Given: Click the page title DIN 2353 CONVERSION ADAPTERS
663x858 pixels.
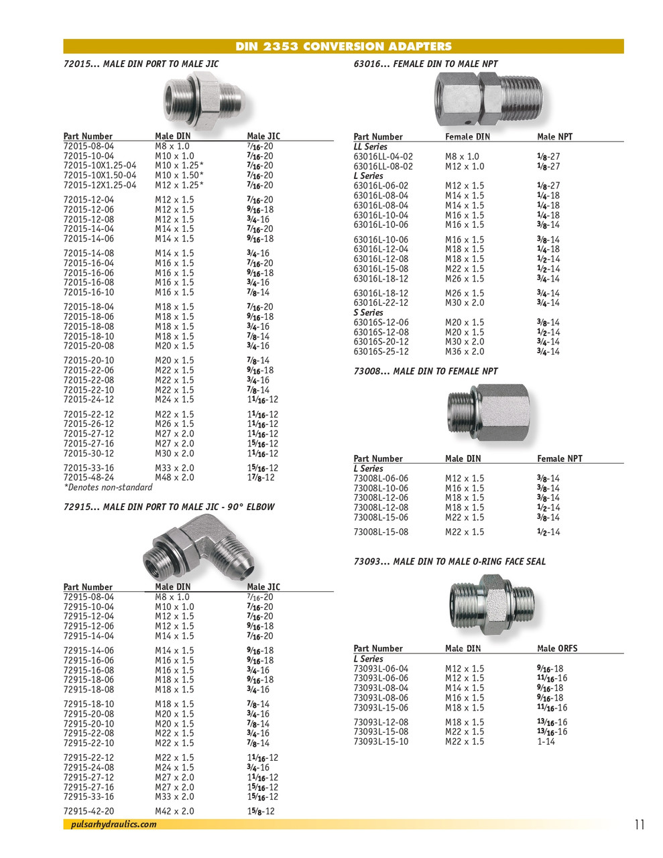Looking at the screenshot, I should point(343,46).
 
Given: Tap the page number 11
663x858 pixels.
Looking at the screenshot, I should point(639,824).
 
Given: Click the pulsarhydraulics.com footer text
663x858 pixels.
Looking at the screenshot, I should point(113,824).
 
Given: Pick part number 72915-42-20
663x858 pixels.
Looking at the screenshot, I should point(88,811).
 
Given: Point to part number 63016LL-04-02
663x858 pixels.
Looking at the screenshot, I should point(383,156).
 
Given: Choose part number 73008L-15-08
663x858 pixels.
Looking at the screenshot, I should point(380,532).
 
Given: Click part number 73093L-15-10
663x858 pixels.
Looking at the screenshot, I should point(380,741).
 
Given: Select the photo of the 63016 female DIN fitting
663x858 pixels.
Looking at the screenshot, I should point(489,99).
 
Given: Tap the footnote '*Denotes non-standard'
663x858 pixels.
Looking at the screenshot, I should point(108,487).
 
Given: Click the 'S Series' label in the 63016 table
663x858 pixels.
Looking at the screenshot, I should point(369,312).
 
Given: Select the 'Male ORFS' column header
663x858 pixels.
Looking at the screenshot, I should point(556,648).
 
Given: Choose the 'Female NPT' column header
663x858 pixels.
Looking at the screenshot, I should point(559,458).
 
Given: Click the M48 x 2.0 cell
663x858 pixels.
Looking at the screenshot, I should point(174,477).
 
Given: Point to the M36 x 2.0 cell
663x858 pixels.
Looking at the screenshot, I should point(464,351).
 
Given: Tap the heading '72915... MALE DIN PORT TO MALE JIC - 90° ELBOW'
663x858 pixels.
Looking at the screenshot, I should point(169,507).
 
